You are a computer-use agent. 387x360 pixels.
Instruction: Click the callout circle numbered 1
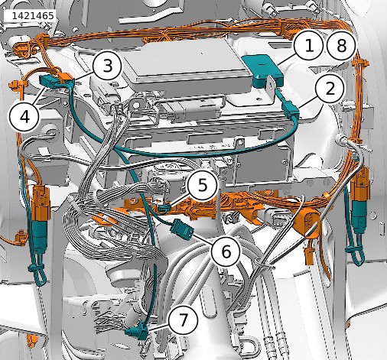click(x=309, y=46)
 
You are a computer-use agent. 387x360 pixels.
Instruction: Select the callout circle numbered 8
click(x=341, y=46)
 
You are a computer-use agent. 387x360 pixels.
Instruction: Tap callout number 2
click(x=330, y=89)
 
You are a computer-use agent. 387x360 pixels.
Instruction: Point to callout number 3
click(x=107, y=66)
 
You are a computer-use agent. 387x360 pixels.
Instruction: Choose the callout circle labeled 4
click(x=24, y=118)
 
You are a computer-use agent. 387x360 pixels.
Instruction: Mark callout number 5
click(x=203, y=185)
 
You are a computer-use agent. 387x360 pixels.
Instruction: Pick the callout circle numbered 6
click(x=226, y=251)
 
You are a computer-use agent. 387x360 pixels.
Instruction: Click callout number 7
click(x=184, y=320)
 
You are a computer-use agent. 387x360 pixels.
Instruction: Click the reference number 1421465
click(x=33, y=16)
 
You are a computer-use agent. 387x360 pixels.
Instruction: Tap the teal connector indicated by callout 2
click(x=291, y=110)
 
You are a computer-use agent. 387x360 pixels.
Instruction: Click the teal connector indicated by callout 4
click(x=49, y=81)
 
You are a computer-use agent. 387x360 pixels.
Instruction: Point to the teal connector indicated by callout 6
click(x=182, y=229)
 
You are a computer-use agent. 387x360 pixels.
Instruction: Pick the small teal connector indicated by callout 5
click(x=164, y=208)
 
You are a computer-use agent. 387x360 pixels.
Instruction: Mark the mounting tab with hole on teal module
click(x=271, y=85)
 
